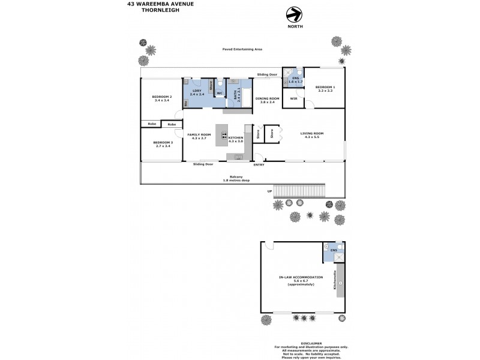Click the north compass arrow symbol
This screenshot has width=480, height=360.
tap(293, 14)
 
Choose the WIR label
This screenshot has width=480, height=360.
tap(293, 98)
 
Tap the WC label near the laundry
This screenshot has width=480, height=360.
tap(220, 94)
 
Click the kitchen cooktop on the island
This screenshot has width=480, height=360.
tap(224, 135)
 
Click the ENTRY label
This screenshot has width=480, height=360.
tap(259, 164)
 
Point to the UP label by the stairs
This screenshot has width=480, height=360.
tap(269, 191)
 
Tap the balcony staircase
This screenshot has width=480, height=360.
tap(299, 190)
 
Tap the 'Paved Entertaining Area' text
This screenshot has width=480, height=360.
tap(242, 49)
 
